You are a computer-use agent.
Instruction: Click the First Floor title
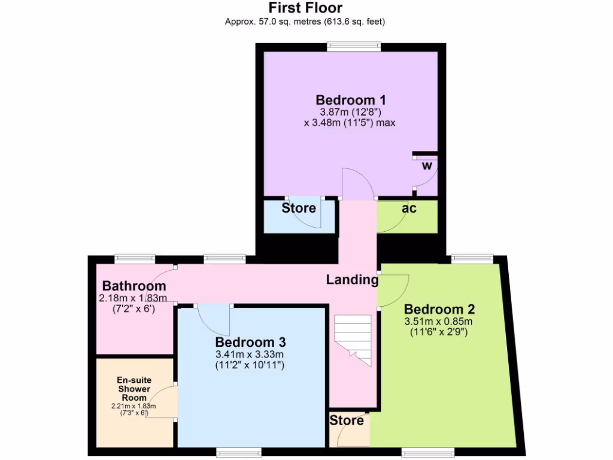(x=305, y=8)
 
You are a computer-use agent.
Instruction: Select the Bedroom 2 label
(x=439, y=310)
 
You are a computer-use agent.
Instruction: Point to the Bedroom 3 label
(x=250, y=342)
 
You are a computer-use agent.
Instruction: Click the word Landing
(x=352, y=279)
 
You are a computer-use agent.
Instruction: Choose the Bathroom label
(x=133, y=286)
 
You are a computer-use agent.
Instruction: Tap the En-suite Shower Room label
(x=133, y=389)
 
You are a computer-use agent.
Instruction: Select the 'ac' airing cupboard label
(x=409, y=208)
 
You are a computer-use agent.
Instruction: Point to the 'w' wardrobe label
(x=427, y=166)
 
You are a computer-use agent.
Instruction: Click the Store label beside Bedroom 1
(x=299, y=208)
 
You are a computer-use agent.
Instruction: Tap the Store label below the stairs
(x=347, y=420)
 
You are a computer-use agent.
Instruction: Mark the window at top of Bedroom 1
(x=354, y=46)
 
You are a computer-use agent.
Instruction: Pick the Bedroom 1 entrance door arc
(x=357, y=183)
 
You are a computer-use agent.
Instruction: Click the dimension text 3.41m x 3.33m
(x=250, y=354)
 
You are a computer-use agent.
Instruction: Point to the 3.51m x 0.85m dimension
(x=439, y=321)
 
